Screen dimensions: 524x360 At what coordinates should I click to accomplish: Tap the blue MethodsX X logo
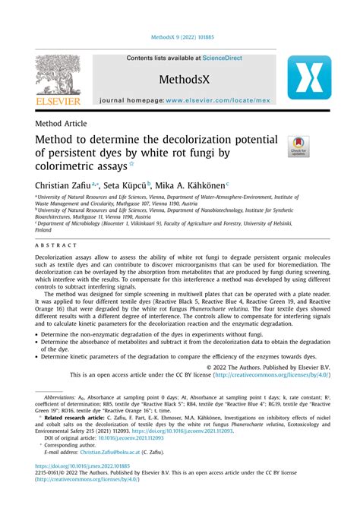tap(308, 77)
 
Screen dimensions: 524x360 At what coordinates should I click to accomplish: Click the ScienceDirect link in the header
tap(219, 58)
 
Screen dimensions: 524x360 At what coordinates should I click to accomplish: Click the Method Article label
tap(62, 124)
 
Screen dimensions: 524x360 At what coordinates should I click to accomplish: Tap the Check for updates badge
tap(297, 147)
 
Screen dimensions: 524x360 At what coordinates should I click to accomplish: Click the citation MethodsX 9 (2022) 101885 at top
tap(180, 37)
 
